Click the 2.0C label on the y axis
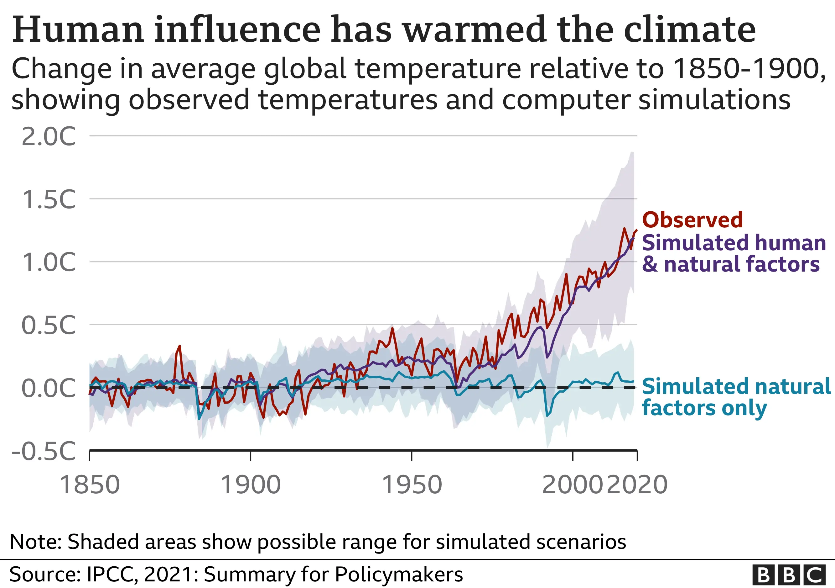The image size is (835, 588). [x=49, y=137]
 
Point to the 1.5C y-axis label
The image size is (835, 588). [x=49, y=200]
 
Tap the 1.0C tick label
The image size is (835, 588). [x=49, y=262]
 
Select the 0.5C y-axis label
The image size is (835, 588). [x=49, y=325]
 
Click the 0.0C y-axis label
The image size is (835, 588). [x=49, y=388]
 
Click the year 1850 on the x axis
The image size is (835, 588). [x=90, y=485]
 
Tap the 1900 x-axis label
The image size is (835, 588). [x=251, y=485]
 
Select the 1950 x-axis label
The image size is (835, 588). [x=412, y=485]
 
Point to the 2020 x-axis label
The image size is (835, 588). [x=637, y=485]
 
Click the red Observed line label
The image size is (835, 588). [x=692, y=220]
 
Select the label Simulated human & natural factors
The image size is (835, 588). [x=733, y=253]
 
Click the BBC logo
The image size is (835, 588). [x=788, y=575]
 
